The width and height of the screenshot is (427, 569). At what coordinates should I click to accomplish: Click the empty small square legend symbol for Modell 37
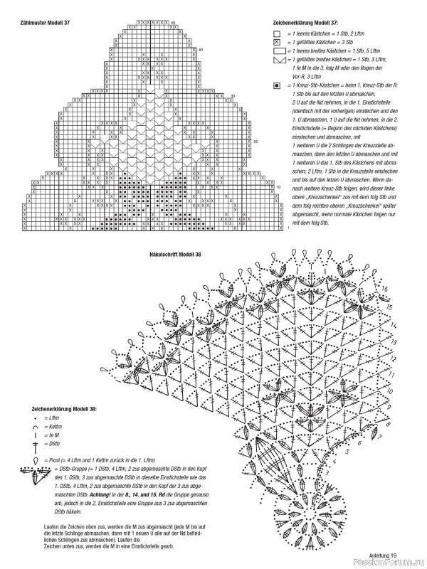pyautogui.click(x=277, y=34)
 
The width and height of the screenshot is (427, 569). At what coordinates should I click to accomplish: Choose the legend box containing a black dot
pyautogui.click(x=277, y=85)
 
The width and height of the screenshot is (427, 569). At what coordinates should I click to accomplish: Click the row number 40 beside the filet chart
pyautogui.click(x=201, y=50)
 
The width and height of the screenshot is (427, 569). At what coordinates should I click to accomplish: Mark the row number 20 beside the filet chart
pyautogui.click(x=254, y=142)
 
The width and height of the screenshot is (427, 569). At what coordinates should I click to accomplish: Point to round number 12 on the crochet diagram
pyautogui.click(x=394, y=356)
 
